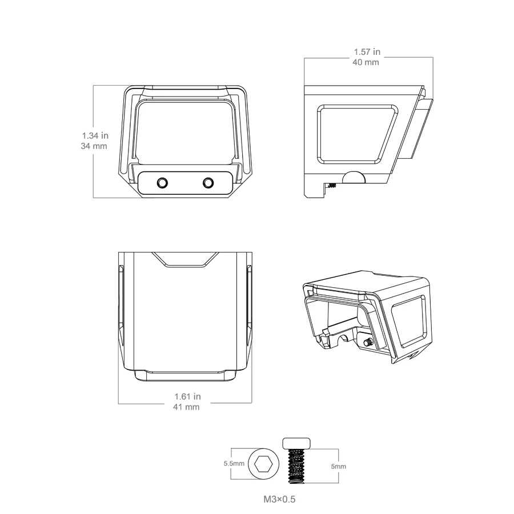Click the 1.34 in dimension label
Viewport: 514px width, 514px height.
[x=95, y=135]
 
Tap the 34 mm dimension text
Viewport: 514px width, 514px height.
[x=94, y=146]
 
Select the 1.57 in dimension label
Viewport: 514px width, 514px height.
[x=367, y=52]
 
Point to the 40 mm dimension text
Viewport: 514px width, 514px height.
[x=366, y=62]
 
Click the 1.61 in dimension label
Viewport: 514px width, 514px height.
[x=187, y=397]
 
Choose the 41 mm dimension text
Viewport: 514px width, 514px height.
[x=186, y=407]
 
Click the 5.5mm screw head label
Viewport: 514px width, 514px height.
[x=234, y=464]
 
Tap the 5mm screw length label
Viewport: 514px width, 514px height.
[x=338, y=467]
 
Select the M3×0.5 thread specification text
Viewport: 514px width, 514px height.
[x=279, y=500]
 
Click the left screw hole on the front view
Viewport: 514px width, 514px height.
[x=162, y=183]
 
